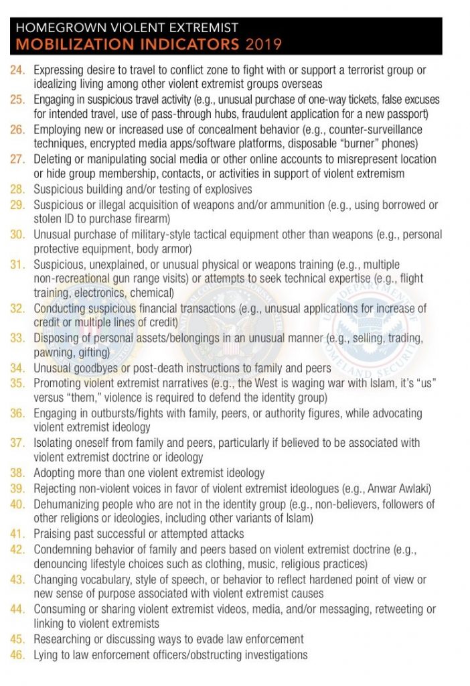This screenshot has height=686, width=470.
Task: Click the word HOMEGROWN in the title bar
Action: pyautogui.click(x=52, y=28)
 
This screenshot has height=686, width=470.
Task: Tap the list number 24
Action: pyautogui.click(x=18, y=69)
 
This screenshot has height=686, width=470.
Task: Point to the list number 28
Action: pyautogui.click(x=18, y=189)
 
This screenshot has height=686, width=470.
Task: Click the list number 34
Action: pyautogui.click(x=18, y=368)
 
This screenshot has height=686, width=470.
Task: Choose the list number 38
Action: pyautogui.click(x=18, y=473)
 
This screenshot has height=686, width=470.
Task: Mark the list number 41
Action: pyautogui.click(x=18, y=534)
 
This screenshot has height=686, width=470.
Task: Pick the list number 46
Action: pyautogui.click(x=18, y=655)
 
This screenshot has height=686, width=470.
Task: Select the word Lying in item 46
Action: pyautogui.click(x=47, y=655)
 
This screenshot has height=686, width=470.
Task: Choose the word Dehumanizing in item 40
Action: pyautogui.click(x=70, y=504)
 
